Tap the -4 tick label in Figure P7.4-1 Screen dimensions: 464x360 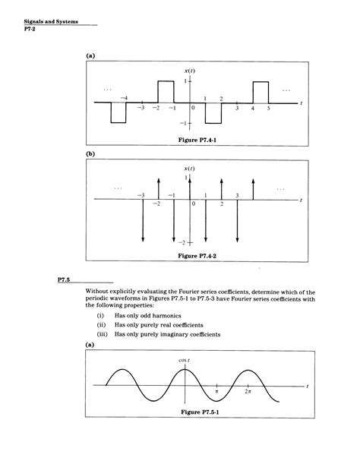click(124, 98)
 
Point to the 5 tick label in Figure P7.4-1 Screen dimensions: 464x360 click(268, 110)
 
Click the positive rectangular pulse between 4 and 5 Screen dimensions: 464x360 click(261, 91)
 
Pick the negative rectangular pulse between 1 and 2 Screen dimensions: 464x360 click(213, 112)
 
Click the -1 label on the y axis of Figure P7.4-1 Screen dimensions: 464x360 click(182, 123)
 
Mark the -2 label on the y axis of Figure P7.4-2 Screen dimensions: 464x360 click(182, 242)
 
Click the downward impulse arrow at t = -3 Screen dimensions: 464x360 click(142, 220)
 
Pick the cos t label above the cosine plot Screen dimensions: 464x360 click(183, 359)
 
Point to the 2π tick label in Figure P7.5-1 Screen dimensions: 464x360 click(248, 392)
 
